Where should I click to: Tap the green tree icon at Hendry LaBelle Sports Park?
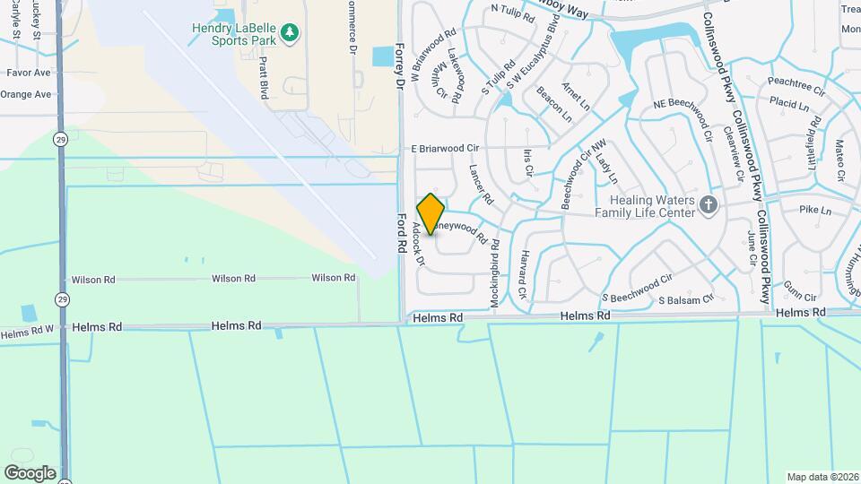pyautogui.click(x=289, y=34)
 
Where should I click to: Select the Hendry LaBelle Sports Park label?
pyautogui.click(x=234, y=34)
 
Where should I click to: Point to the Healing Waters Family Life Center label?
pyautogui.click(x=652, y=206)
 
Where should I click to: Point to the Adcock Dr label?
pyautogui.click(x=417, y=244)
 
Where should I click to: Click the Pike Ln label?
pyautogui.click(x=815, y=209)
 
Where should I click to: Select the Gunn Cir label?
pyautogui.click(x=799, y=297)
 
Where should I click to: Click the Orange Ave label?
pyautogui.click(x=25, y=94)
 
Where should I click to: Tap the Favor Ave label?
pyautogui.click(x=29, y=72)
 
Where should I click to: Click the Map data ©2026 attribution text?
pyautogui.click(x=822, y=477)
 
